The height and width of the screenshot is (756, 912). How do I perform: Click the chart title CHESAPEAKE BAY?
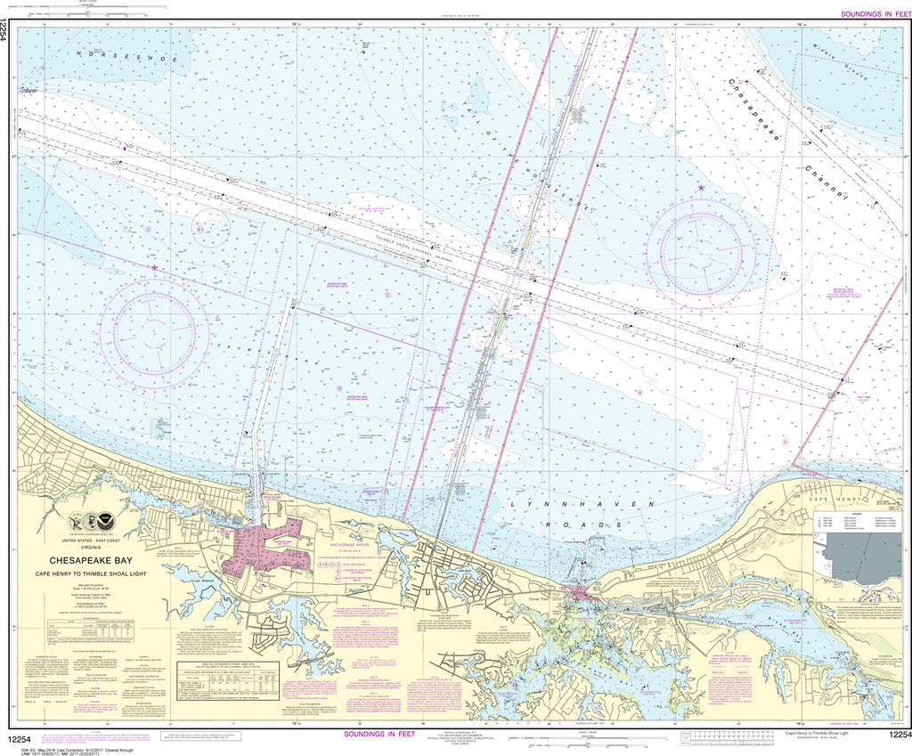point(92,560)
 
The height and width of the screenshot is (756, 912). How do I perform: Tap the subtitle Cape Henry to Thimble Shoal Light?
point(92,573)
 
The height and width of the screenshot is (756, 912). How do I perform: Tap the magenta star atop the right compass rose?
point(702,188)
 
